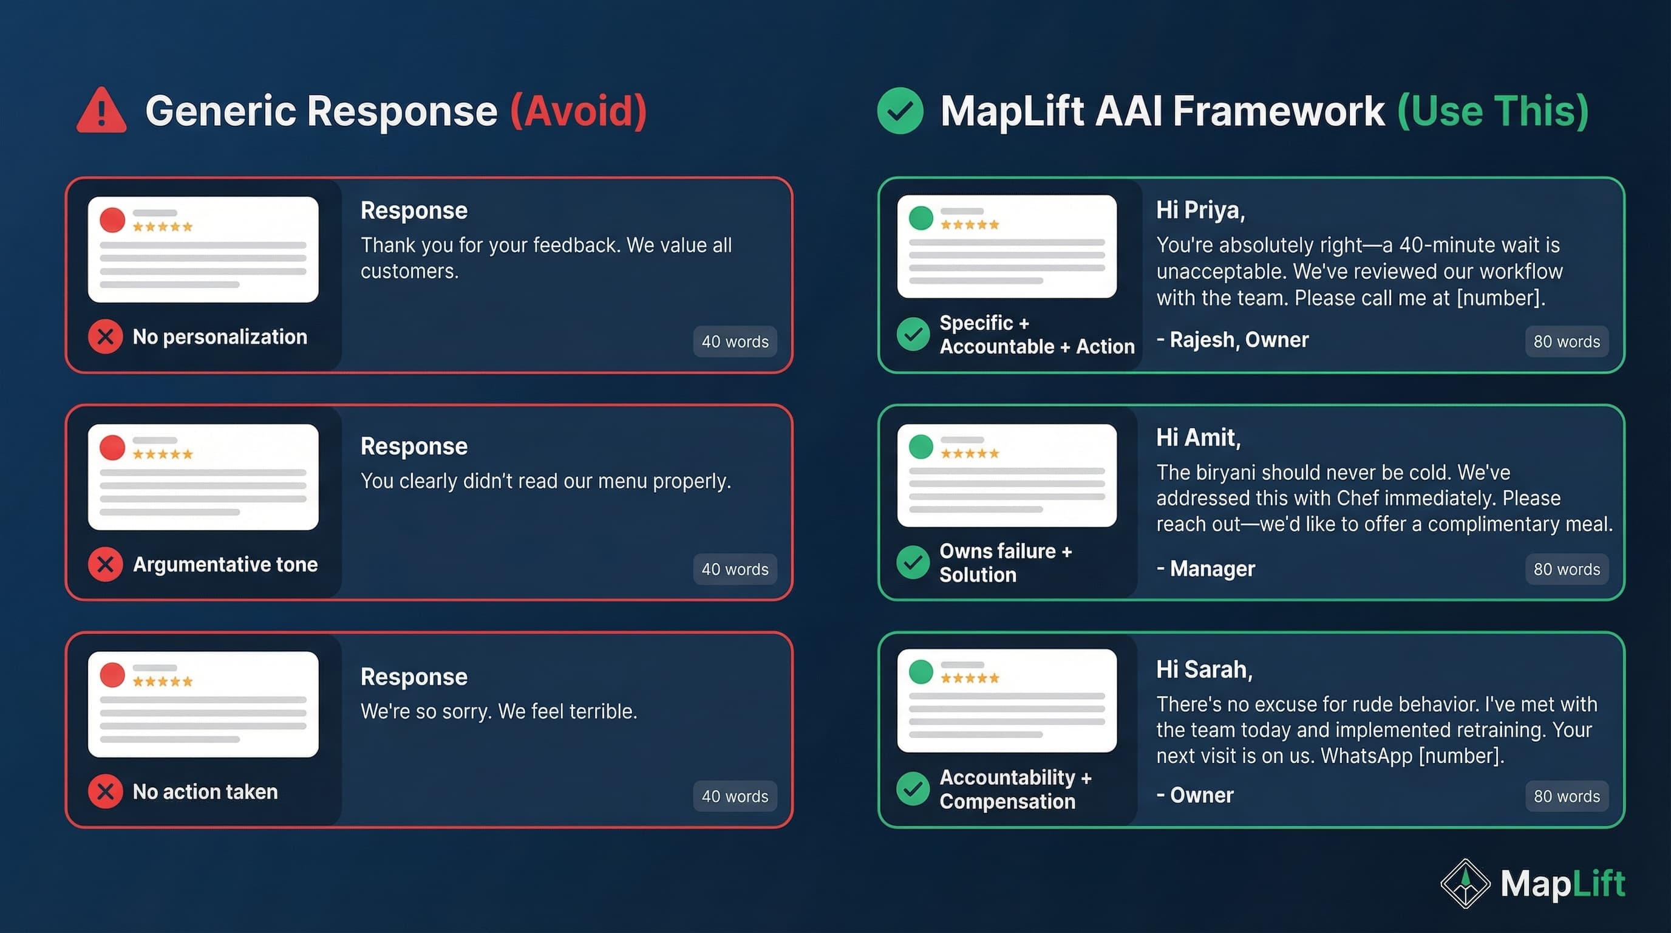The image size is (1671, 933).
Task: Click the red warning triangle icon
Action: click(x=101, y=112)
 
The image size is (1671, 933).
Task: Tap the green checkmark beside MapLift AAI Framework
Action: click(x=900, y=111)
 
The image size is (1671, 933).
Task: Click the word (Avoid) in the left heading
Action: click(x=578, y=111)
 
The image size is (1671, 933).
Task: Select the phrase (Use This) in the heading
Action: click(x=1492, y=111)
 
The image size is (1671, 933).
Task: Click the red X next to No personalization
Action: click(x=105, y=337)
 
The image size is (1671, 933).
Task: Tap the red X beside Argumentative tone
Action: click(x=105, y=564)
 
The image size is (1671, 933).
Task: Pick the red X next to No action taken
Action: click(x=105, y=791)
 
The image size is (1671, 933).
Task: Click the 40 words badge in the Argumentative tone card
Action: click(x=734, y=569)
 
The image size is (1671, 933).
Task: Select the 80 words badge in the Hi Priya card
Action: click(x=1566, y=341)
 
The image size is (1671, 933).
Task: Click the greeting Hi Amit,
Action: click(x=1198, y=438)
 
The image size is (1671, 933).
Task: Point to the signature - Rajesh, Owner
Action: click(x=1233, y=340)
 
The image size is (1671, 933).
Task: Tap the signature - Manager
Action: click(x=1206, y=569)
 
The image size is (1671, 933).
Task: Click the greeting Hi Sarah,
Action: click(x=1204, y=669)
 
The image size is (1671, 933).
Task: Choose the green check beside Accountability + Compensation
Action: click(x=913, y=788)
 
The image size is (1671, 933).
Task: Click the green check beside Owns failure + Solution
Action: click(x=913, y=562)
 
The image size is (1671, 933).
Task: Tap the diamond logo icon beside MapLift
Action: click(x=1465, y=883)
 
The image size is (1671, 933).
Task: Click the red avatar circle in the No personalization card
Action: click(x=112, y=220)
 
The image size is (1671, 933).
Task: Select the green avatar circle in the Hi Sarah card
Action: click(x=921, y=672)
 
